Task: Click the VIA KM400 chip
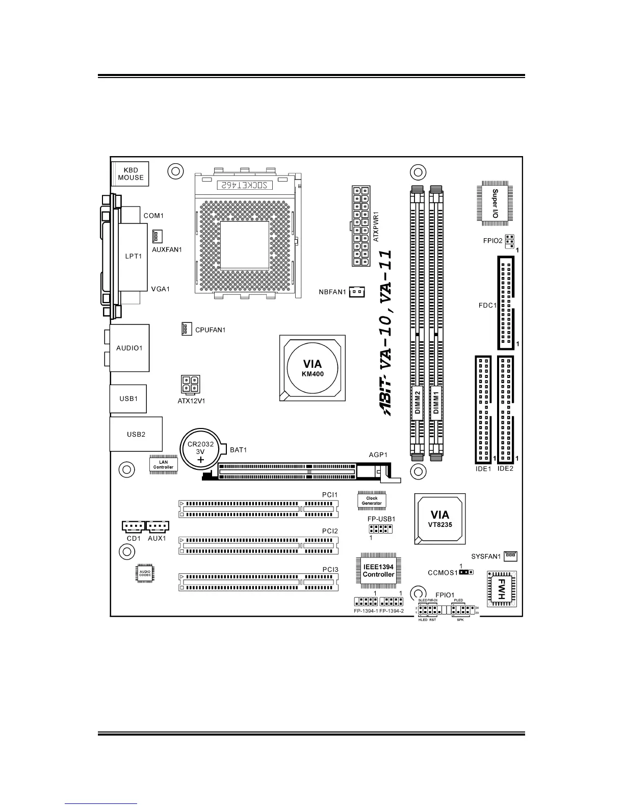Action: pos(313,368)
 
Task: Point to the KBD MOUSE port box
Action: pos(131,174)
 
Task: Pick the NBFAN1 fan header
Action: pos(357,292)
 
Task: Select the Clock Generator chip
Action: pos(372,501)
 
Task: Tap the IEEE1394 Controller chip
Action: pos(378,571)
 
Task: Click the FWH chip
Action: pos(502,589)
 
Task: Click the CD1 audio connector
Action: pos(134,526)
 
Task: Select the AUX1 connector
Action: pos(157,526)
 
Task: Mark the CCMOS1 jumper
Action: pos(465,572)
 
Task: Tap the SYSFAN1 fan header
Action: pos(510,555)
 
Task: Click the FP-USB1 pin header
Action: pos(380,529)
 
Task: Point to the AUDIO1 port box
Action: pos(129,348)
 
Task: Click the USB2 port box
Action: pos(136,434)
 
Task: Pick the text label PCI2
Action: pos(330,531)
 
